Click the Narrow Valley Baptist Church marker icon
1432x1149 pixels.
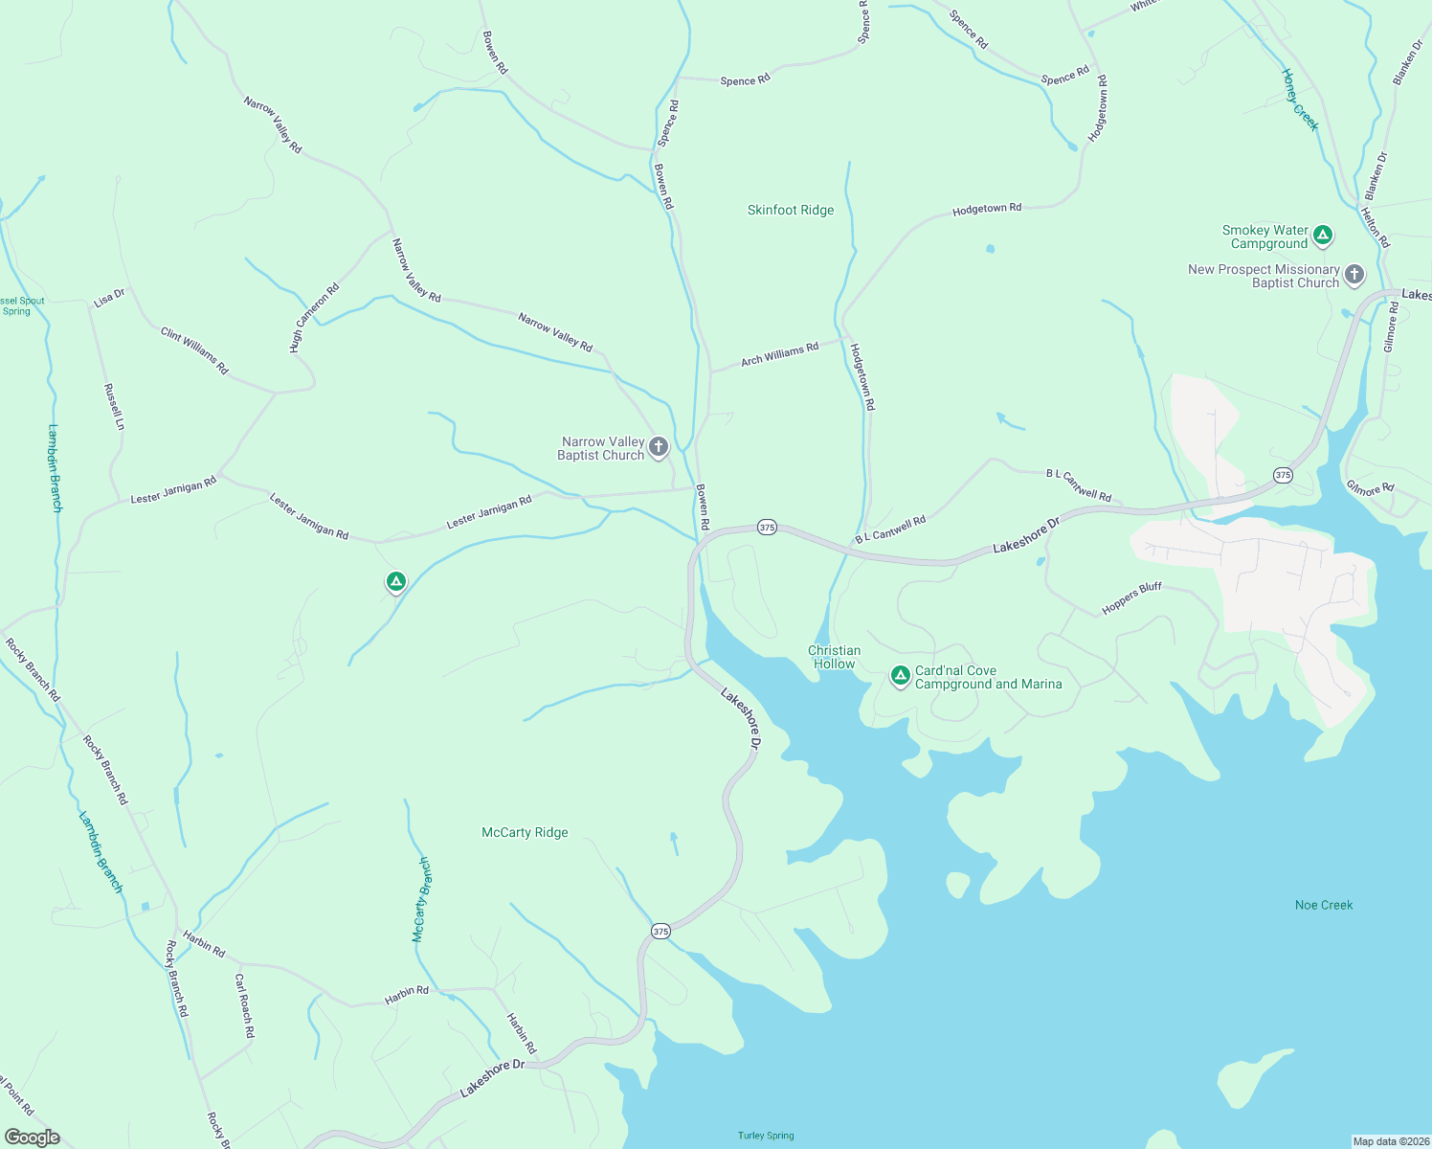pos(659,446)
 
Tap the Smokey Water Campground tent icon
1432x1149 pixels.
pos(1323,235)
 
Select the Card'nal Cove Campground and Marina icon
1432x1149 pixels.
pos(900,676)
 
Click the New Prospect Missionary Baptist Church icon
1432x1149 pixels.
pos(1354,275)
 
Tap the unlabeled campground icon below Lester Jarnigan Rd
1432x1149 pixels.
pos(396,581)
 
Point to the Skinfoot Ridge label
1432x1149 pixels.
pos(791,210)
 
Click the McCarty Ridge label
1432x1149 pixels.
pos(525,832)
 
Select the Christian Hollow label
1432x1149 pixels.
pos(834,657)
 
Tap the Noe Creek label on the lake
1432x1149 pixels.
pos(1324,905)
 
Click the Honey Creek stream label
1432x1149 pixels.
pos(1301,100)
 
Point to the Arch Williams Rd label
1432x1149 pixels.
pos(780,354)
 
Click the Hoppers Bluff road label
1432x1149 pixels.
pos(1131,598)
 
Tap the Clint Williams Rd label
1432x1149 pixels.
pos(194,350)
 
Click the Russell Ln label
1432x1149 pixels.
pos(114,407)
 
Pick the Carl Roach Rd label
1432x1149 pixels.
pos(245,1005)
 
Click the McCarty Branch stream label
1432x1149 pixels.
pos(421,900)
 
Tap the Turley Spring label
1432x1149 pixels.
pos(766,1136)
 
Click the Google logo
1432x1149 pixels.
pos(33,1138)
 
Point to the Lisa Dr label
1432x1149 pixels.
pos(109,298)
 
